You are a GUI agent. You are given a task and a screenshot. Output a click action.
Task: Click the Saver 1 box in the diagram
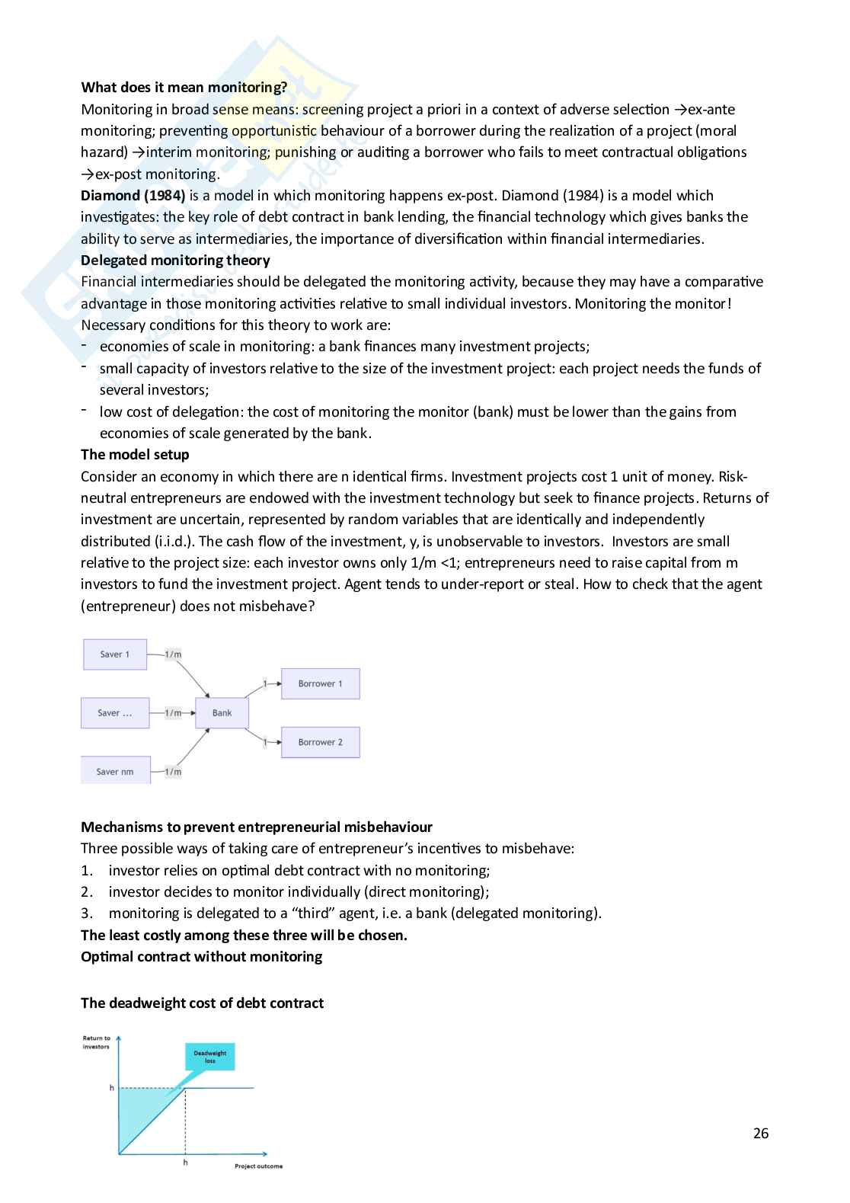coord(115,654)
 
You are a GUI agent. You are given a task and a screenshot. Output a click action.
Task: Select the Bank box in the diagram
coord(222,713)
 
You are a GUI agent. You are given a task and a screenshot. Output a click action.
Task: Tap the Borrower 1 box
coord(320,683)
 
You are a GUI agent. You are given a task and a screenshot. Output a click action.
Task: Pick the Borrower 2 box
coord(320,742)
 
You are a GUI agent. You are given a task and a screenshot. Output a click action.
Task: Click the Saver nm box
coord(115,771)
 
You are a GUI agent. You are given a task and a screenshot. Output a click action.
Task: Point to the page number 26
coord(760,1133)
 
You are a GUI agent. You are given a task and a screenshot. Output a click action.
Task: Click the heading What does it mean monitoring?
coord(184,87)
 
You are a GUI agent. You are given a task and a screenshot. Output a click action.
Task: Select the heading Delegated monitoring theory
coord(175,260)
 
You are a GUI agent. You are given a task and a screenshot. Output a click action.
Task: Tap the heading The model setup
coord(135,454)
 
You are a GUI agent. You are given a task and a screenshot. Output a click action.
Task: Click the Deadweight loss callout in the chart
coord(209,1057)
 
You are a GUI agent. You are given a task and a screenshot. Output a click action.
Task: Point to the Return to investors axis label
coord(97,1042)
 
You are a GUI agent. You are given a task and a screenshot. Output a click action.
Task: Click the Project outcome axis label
coord(258,1166)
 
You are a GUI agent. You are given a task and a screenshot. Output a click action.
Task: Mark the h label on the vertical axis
coord(111,1088)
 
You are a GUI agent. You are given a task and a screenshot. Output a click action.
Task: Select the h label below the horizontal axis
coord(185,1163)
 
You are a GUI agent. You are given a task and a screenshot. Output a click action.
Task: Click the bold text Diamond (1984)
coord(133,195)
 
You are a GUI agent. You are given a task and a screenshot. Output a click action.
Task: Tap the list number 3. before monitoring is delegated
coord(87,913)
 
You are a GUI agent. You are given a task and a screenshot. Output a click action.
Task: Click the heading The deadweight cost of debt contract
coord(202,1003)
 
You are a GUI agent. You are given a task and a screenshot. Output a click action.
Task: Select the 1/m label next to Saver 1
coord(173,654)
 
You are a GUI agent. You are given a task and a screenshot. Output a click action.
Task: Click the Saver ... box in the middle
coord(115,713)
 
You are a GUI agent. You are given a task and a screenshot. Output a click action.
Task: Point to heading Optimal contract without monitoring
coord(201,956)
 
